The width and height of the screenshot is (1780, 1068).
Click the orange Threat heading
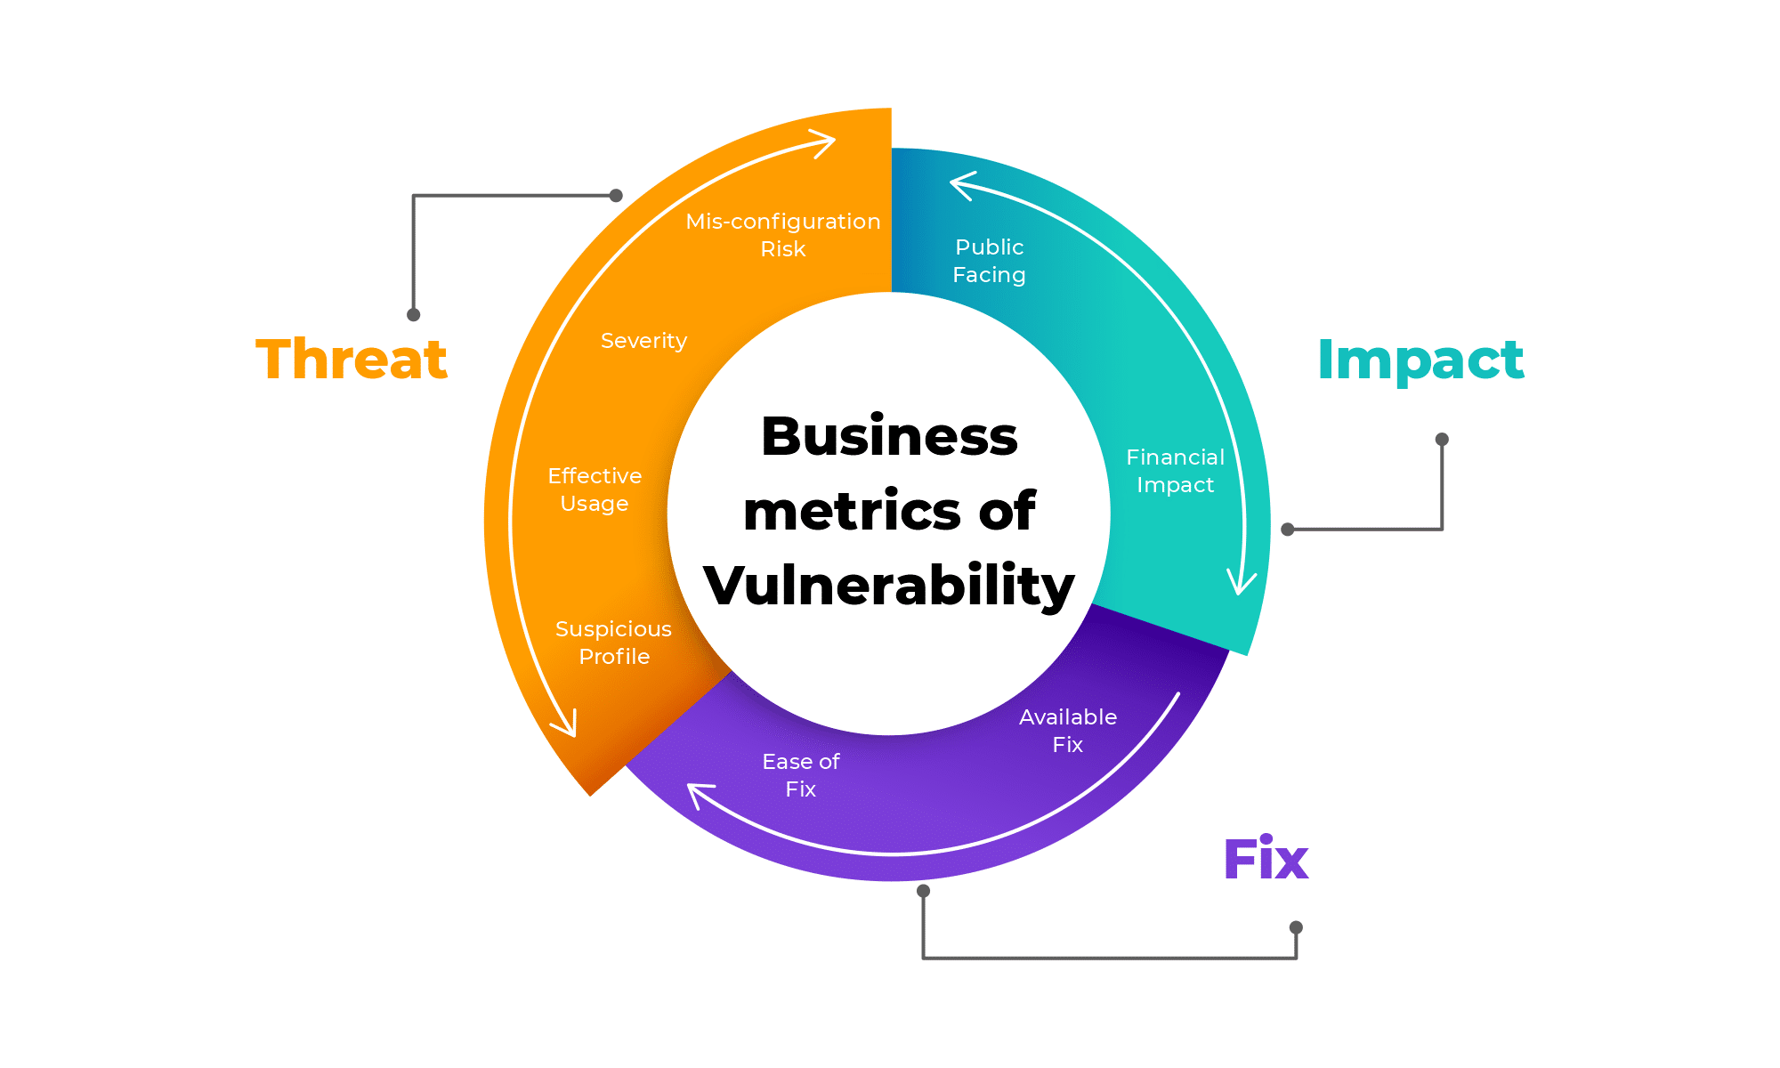[x=352, y=360]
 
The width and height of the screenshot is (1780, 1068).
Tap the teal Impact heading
[x=1420, y=360]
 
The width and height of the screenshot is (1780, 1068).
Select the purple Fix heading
[x=1266, y=860]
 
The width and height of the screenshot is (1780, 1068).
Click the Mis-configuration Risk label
[x=783, y=235]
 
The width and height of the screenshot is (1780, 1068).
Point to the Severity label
[x=643, y=341]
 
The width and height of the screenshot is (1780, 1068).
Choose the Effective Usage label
[x=595, y=489]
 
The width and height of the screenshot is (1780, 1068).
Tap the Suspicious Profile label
[x=613, y=643]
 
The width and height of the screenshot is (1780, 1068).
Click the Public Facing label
[x=989, y=261]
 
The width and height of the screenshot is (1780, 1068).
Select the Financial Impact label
[x=1175, y=471]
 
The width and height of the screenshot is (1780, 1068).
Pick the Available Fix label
[x=1067, y=731]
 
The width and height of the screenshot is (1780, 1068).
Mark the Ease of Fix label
[x=800, y=775]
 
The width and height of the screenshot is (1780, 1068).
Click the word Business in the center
[x=889, y=437]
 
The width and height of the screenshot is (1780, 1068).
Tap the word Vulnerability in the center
[x=889, y=586]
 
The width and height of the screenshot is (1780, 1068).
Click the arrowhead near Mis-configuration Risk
[x=824, y=142]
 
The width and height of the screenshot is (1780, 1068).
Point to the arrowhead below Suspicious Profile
[x=567, y=725]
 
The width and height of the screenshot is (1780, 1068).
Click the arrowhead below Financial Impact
[x=1241, y=583]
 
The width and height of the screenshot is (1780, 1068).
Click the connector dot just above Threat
[x=413, y=314]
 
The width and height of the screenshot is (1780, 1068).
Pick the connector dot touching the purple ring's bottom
[x=923, y=891]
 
